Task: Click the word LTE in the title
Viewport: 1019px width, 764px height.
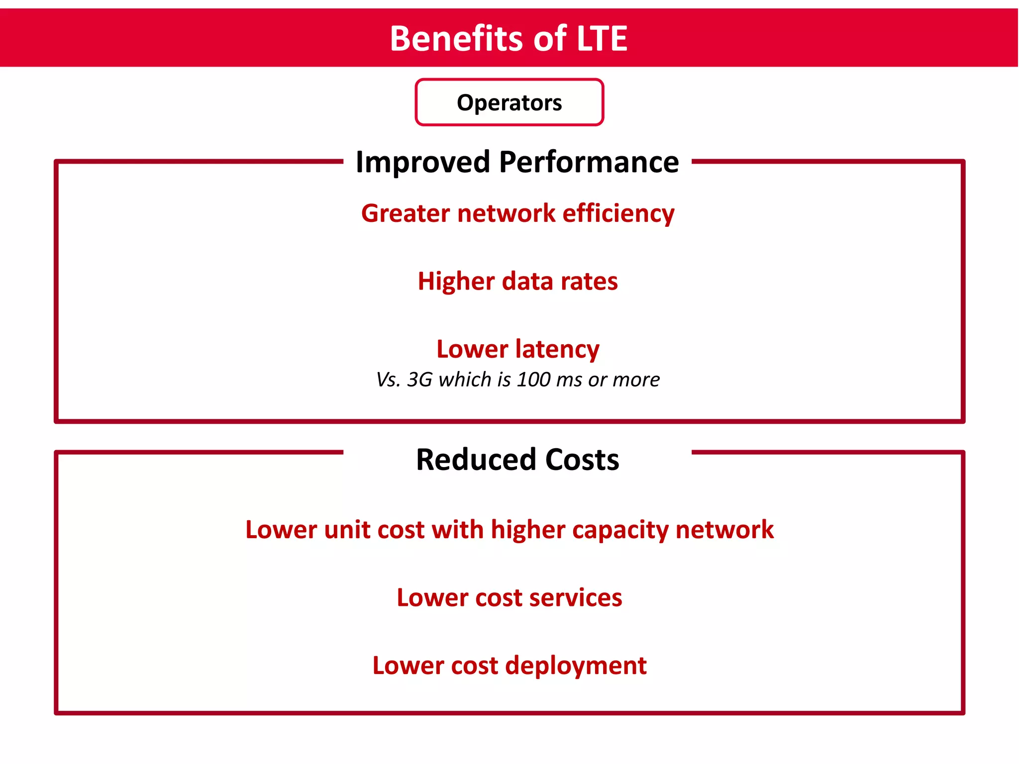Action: pyautogui.click(x=602, y=39)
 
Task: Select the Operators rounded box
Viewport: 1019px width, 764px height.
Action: pyautogui.click(x=509, y=102)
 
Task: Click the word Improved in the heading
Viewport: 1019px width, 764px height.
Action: pyautogui.click(x=423, y=162)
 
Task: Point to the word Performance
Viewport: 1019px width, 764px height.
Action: pyautogui.click(x=589, y=162)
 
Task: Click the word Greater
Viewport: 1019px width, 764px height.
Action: pyautogui.click(x=406, y=213)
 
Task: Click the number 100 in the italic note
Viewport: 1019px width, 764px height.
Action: pyautogui.click(x=533, y=380)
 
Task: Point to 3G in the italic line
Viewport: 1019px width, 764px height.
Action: pyautogui.click(x=420, y=380)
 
